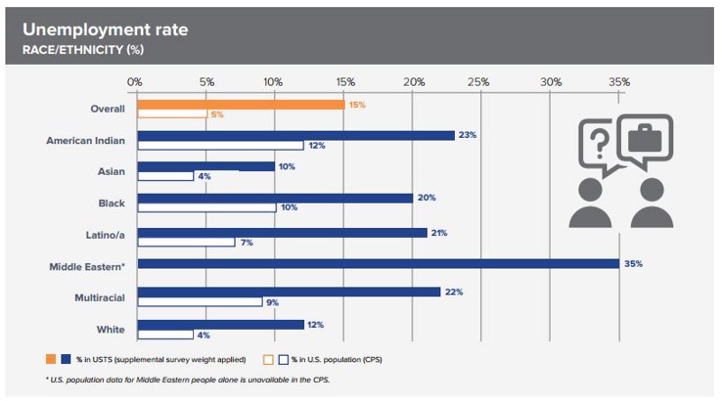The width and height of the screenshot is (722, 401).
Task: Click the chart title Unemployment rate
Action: (x=106, y=30)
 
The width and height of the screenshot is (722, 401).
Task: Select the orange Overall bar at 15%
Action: (x=240, y=105)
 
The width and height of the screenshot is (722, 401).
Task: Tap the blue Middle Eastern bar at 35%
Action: (x=378, y=263)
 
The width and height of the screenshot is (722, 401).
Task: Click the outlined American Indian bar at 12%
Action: (x=220, y=145)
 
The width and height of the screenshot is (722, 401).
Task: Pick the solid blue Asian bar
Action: (x=206, y=167)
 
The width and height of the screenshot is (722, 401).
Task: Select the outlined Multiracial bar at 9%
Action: (x=199, y=302)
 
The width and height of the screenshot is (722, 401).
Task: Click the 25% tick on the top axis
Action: (x=479, y=82)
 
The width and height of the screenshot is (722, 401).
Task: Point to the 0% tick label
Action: (x=135, y=82)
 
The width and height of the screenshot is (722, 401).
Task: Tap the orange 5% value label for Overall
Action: (x=217, y=114)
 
